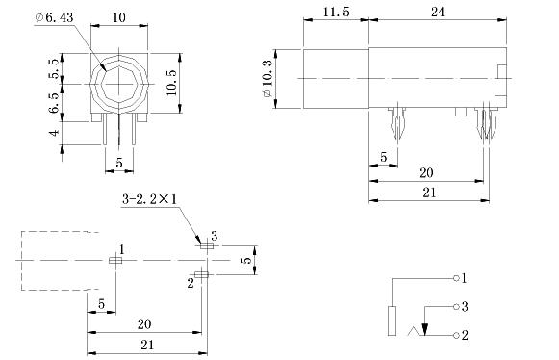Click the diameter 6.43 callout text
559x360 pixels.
[55, 17]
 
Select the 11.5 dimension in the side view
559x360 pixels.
[336, 12]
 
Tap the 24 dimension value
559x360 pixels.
[438, 12]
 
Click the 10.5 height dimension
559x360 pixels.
[172, 83]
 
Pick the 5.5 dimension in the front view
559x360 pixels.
[55, 68]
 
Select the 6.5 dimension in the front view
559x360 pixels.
[55, 103]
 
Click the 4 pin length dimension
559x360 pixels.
[55, 133]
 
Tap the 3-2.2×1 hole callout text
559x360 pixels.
[149, 199]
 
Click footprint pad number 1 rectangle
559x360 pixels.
[115, 261]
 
